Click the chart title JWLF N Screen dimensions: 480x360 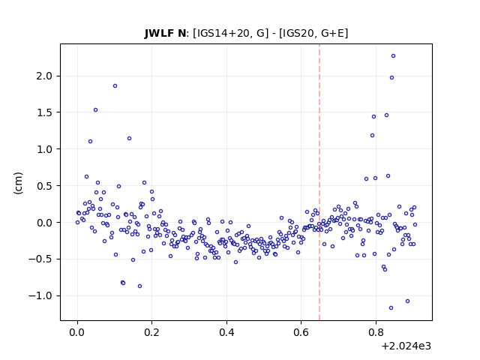(165, 33)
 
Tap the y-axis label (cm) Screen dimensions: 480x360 (18, 183)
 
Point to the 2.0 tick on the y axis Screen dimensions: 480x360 (44, 76)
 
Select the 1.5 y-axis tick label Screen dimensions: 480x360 (44, 112)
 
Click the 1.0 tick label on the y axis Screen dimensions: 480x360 (44, 149)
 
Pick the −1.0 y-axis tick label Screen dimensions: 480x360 (40, 295)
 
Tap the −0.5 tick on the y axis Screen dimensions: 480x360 (40, 259)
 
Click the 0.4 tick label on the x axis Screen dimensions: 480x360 (226, 332)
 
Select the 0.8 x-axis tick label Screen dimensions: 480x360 (376, 332)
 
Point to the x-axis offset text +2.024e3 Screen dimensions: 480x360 (406, 346)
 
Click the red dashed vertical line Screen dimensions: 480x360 (319, 182)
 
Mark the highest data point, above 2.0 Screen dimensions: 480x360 (393, 56)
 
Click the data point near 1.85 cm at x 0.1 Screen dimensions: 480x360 (115, 86)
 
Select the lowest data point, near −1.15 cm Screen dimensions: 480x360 (391, 308)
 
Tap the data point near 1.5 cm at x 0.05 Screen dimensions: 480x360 (95, 110)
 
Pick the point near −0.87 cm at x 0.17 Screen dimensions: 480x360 (140, 286)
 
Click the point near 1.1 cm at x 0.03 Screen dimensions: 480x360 (90, 142)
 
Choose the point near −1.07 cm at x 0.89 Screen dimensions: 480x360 (407, 301)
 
